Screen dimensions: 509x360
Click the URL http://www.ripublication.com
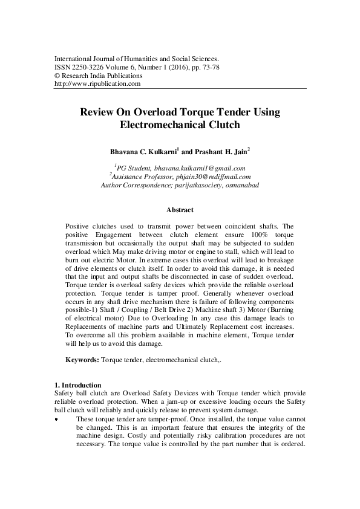click(x=97, y=84)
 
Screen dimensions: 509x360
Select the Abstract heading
click(x=180, y=210)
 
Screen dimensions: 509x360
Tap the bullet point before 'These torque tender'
click(x=56, y=418)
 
